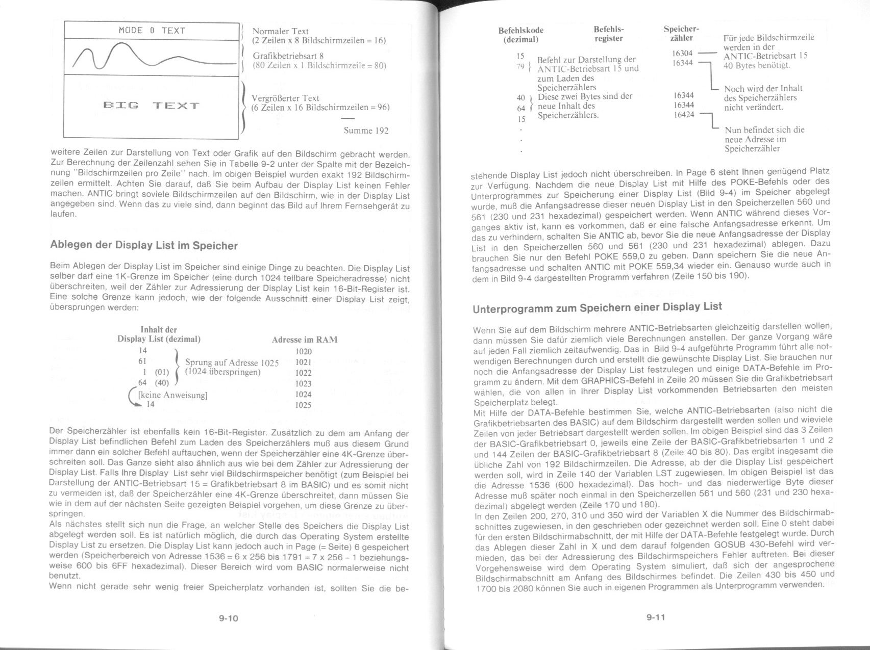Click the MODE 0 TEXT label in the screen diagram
152,31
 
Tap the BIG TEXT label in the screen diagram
151,106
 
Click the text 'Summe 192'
366,131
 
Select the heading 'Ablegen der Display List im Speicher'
144,245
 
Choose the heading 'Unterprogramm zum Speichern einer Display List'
598,307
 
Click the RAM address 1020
304,351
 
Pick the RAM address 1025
304,405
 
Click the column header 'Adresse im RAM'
305,340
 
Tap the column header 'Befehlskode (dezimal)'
520,35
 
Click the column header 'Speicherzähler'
681,34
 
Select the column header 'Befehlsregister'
609,34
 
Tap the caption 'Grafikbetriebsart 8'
288,56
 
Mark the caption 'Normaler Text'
281,31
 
